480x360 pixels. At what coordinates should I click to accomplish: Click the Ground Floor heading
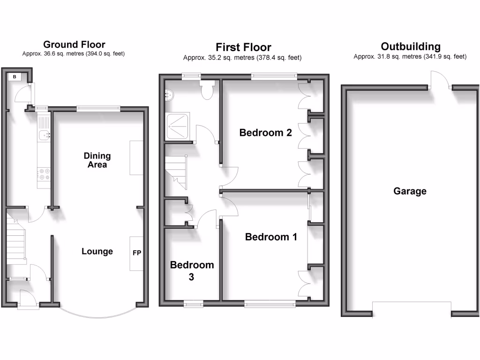pos(74,45)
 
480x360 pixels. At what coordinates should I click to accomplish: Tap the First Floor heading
pos(243,47)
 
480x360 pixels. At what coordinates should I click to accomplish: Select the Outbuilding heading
pos(411,46)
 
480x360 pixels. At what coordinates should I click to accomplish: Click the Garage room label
pos(410,191)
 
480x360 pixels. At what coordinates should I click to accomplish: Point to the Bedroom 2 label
pos(265,133)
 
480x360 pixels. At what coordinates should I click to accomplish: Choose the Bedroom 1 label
pos(271,237)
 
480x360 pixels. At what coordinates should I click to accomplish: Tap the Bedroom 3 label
pos(192,271)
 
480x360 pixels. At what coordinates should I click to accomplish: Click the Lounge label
pos(97,251)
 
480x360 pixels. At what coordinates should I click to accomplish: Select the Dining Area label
pos(97,160)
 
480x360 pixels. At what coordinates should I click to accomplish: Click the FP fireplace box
pos(137,253)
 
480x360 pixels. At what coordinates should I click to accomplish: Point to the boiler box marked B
pos(15,76)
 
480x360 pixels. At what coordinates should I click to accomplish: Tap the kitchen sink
pos(44,135)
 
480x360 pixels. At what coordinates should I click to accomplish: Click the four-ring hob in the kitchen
pos(44,174)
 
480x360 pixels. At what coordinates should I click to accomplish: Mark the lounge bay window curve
pos(98,312)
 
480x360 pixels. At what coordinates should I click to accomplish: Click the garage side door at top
pos(440,80)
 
